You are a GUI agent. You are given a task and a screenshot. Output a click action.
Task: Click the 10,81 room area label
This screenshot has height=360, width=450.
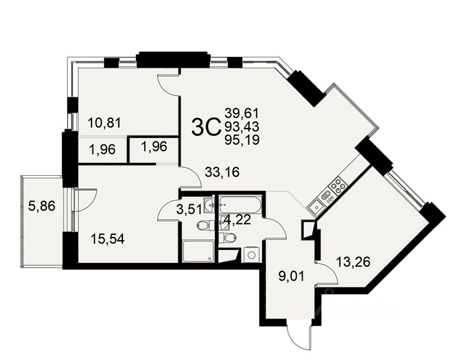coord(104,122)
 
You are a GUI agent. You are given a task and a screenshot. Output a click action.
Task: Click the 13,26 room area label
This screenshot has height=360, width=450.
coord(353,261)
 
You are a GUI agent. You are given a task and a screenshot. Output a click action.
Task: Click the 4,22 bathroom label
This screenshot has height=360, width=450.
coord(234,221)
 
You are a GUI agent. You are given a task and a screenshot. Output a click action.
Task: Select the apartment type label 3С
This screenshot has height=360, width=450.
coord(206,127)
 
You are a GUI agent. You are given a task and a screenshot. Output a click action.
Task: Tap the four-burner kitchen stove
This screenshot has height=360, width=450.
coord(338,185)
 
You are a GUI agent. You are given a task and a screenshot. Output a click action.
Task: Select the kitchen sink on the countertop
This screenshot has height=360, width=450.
coord(316,208)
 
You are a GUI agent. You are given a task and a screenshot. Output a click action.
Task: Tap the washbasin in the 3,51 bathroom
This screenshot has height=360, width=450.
coord(209,205)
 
